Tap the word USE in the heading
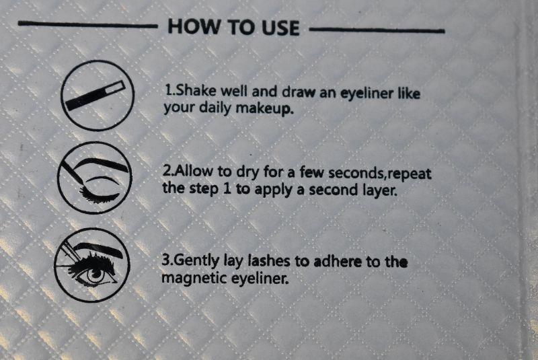click(280, 28)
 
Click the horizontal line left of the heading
click(87, 24)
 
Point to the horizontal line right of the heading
click(377, 30)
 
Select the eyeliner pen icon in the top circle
click(95, 96)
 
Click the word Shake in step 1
click(196, 91)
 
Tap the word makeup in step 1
click(264, 109)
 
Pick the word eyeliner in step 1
click(367, 94)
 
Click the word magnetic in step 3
click(194, 278)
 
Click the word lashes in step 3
click(268, 261)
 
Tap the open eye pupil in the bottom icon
click(95, 275)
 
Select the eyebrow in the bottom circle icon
click(98, 250)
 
